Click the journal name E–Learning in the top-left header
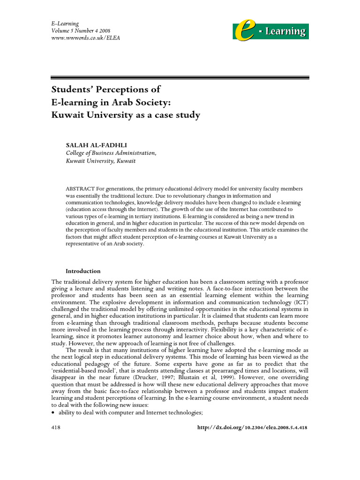(x=64, y=23)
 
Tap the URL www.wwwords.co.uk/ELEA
(x=85, y=37)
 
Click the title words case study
(x=178, y=115)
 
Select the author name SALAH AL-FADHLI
(x=97, y=145)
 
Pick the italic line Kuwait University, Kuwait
(x=101, y=161)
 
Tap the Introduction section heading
(x=83, y=271)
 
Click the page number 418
(x=56, y=428)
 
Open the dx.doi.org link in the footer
(x=250, y=428)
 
